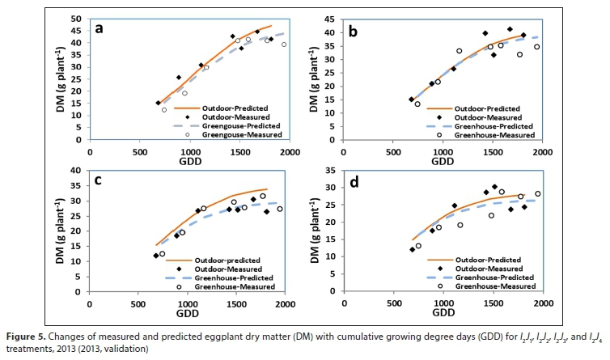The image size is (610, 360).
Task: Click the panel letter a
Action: (x=99, y=29)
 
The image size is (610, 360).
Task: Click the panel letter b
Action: (x=397, y=31)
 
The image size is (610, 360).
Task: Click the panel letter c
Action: (x=99, y=180)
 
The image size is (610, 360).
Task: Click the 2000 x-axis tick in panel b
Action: (x=541, y=150)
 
